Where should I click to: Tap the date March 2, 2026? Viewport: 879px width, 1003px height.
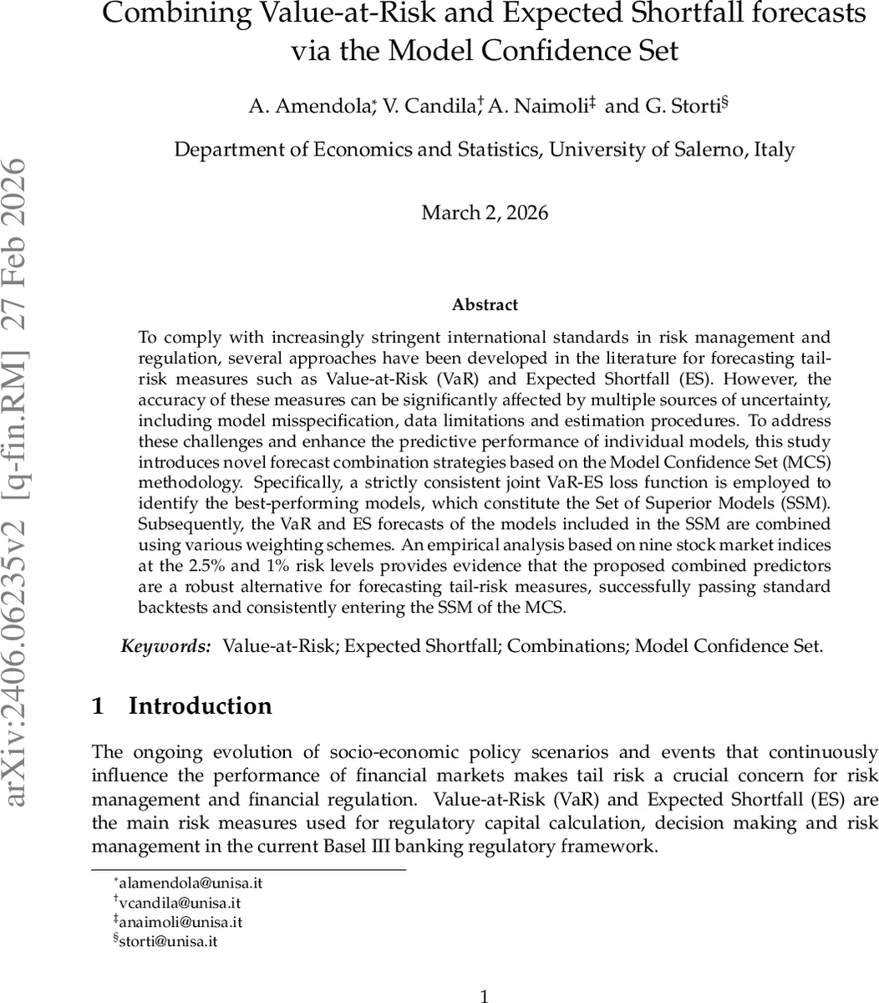(x=485, y=212)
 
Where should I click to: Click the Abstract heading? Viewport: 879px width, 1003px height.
(x=485, y=305)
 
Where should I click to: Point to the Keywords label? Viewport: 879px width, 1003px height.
(x=166, y=646)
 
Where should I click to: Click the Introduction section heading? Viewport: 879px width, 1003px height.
(x=200, y=706)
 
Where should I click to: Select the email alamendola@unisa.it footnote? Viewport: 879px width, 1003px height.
(x=192, y=883)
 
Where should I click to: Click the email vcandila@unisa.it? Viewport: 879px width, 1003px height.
(x=181, y=903)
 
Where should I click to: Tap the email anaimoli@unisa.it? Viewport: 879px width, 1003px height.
(x=181, y=922)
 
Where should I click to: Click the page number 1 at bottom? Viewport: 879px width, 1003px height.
(x=485, y=995)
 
